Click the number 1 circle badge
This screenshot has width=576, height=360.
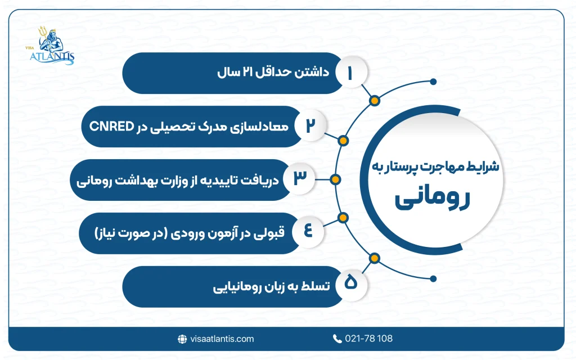click(x=351, y=73)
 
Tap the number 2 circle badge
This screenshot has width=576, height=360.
click(x=309, y=126)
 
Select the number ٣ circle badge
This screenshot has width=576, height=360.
click(x=299, y=179)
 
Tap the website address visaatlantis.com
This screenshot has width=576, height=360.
click(x=222, y=339)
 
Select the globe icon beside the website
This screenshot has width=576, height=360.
click(x=182, y=339)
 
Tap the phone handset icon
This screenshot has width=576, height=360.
click(x=337, y=339)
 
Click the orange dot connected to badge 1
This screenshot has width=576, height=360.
click(x=373, y=101)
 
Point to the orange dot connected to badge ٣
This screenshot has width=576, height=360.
click(x=335, y=179)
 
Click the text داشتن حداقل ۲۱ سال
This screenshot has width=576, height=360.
click(x=264, y=73)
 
